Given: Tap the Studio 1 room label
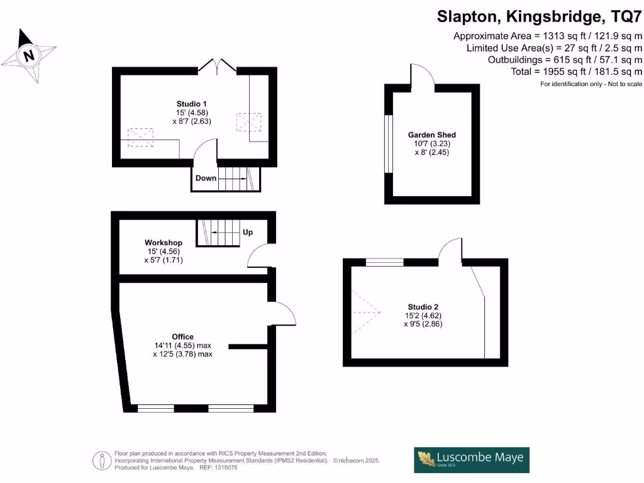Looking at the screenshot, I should [192, 104].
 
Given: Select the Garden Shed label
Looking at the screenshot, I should [431, 135].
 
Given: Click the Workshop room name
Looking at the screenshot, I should [164, 243].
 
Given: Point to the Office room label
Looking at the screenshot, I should [183, 336].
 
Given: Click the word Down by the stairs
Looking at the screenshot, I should [206, 178].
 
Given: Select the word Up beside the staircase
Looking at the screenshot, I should [248, 232].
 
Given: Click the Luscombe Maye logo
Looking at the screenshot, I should [471, 460].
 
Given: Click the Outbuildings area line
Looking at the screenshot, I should [565, 60].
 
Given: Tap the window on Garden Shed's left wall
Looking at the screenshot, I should [388, 143].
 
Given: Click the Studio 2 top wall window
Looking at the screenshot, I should [384, 262].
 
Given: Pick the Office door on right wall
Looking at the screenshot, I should [282, 313].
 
